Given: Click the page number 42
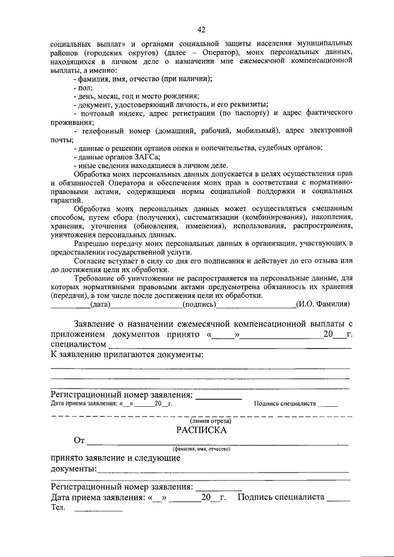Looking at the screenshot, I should click(x=201, y=29).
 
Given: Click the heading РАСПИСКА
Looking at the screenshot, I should click(x=201, y=430).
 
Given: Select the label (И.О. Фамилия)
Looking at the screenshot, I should click(x=323, y=303).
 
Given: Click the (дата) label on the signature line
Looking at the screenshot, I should click(x=100, y=303).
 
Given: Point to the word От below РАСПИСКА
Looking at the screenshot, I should click(x=79, y=441).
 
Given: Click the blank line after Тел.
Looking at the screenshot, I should click(x=98, y=510).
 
